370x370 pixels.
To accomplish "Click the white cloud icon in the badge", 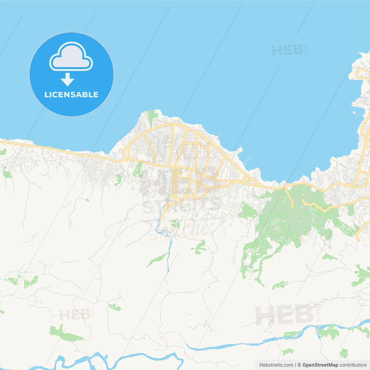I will coord(71,57).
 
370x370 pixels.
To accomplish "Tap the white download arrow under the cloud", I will coord(67,79).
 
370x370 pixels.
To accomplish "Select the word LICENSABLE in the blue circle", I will coord(71,95).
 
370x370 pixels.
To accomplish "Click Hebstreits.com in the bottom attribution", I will coord(276,365).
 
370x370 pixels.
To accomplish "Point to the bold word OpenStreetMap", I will coord(320,365).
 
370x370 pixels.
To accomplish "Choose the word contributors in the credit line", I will coord(353,365).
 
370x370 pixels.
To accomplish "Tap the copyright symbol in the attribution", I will coord(299,365).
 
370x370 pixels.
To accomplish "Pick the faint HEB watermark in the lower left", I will coord(75,314).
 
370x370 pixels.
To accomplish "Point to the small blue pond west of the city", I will coord(87,199).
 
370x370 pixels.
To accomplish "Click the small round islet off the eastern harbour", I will coord(354,113).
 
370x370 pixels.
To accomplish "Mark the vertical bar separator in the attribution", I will coord(295,365).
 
